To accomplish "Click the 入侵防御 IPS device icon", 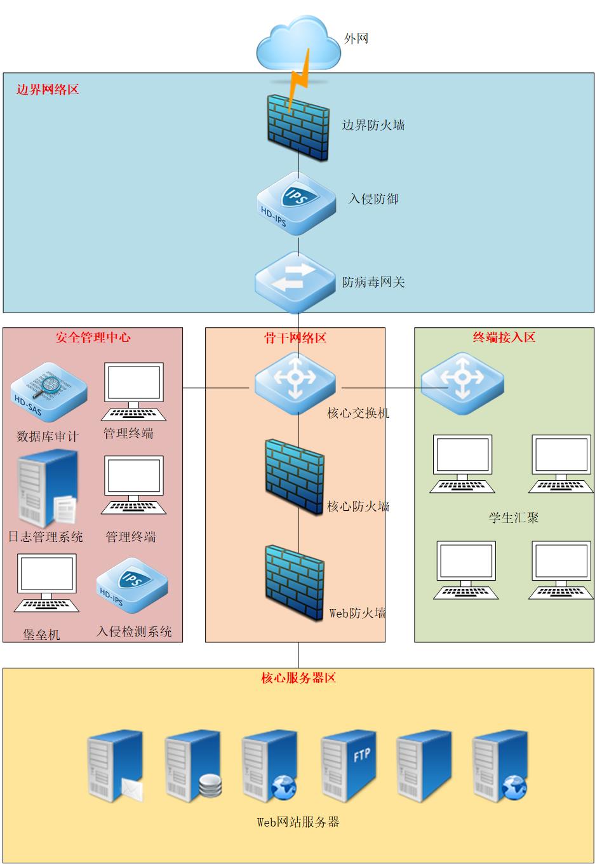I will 297,203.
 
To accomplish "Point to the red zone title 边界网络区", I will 48,90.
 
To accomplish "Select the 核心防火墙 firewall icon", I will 295,476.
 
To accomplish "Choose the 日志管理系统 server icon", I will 47,489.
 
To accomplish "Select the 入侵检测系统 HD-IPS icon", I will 132,586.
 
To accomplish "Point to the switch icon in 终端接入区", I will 462,379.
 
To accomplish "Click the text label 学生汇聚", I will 513,518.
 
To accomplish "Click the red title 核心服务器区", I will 298,678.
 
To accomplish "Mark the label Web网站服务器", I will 298,822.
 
